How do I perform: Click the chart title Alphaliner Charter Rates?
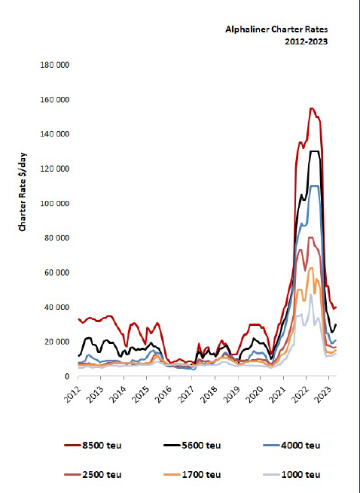point(276,29)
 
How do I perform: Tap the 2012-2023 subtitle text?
point(307,41)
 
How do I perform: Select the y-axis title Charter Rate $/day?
point(23,192)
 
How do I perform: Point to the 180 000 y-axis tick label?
point(54,65)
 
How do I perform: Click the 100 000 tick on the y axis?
point(54,203)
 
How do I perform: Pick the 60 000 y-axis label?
point(56,272)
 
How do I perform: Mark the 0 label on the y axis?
point(67,376)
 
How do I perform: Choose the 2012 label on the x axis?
point(72,394)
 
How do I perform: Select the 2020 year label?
point(255,394)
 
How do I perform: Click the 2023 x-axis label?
point(324,394)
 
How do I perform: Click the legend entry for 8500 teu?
point(93,446)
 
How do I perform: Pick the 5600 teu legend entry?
point(192,446)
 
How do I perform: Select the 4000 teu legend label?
point(291,446)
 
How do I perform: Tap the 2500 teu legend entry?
point(93,474)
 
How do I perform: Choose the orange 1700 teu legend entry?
point(192,474)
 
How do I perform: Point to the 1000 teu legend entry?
point(291,474)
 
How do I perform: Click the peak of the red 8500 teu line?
point(312,108)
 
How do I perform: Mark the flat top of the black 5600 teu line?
point(314,151)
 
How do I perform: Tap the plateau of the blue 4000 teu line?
point(314,186)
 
